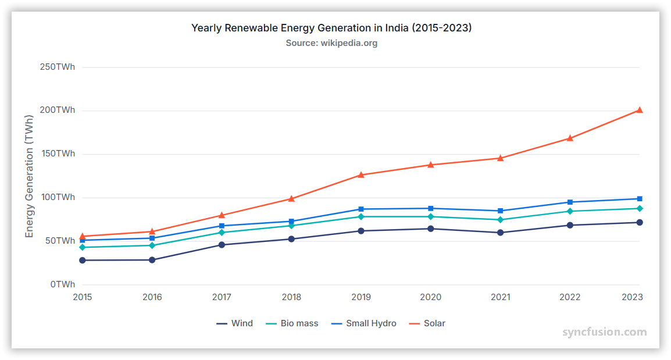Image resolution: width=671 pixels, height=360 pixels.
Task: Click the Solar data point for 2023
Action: pyautogui.click(x=639, y=110)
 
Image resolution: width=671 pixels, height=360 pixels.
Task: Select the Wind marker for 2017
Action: pyautogui.click(x=222, y=245)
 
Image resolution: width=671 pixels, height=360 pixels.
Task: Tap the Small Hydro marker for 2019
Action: pyautogui.click(x=361, y=209)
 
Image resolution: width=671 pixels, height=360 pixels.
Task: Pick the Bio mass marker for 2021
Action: pyautogui.click(x=500, y=220)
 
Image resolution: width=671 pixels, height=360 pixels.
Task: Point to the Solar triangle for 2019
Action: pyautogui.click(x=361, y=174)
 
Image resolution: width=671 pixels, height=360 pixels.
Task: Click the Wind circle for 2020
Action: pyautogui.click(x=430, y=229)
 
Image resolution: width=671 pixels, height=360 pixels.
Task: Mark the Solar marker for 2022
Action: pyautogui.click(x=570, y=138)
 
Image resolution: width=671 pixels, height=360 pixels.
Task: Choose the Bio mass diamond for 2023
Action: pyautogui.click(x=639, y=208)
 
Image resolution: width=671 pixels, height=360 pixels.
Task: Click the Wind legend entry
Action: pyautogui.click(x=234, y=323)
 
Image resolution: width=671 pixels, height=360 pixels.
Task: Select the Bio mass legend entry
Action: pyautogui.click(x=292, y=323)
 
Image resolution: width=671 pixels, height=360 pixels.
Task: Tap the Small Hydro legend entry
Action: pyautogui.click(x=363, y=323)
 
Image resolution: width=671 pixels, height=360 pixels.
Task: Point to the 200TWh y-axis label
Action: pyautogui.click(x=57, y=110)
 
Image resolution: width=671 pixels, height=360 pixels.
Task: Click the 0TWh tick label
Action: pyautogui.click(x=62, y=284)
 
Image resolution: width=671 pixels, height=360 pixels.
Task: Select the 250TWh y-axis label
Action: pyautogui.click(x=57, y=67)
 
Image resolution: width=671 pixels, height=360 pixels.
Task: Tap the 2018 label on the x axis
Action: pyautogui.click(x=291, y=297)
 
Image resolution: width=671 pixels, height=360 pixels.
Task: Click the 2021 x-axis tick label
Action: pyautogui.click(x=500, y=297)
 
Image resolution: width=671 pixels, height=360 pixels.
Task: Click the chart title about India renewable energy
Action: pyautogui.click(x=331, y=28)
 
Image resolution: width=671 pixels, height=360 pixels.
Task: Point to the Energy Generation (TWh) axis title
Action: pyautogui.click(x=30, y=176)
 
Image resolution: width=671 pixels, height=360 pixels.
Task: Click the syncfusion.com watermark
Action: pyautogui.click(x=604, y=332)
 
